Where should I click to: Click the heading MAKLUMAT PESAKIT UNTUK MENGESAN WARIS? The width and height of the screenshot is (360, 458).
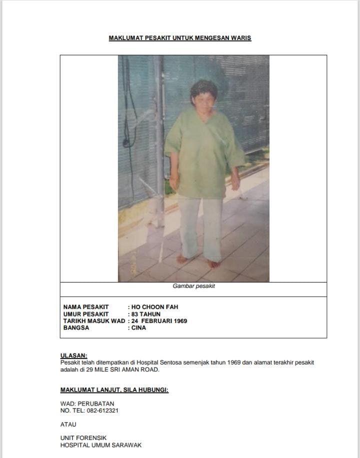180,38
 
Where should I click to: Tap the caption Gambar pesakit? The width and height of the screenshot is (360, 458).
194,286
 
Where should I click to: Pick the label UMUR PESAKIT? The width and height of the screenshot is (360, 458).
85,314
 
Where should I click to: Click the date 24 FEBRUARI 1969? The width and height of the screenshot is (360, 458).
159,321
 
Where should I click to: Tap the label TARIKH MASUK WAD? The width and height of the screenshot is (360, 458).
94,321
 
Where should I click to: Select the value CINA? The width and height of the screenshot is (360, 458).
139,328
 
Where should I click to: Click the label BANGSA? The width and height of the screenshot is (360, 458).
76,328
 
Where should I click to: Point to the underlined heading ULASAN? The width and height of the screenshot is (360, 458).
73,356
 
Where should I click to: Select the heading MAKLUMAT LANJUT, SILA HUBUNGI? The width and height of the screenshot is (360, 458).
114,390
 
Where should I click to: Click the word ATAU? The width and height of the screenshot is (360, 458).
68,424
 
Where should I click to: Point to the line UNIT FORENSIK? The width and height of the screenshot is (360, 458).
83,438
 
